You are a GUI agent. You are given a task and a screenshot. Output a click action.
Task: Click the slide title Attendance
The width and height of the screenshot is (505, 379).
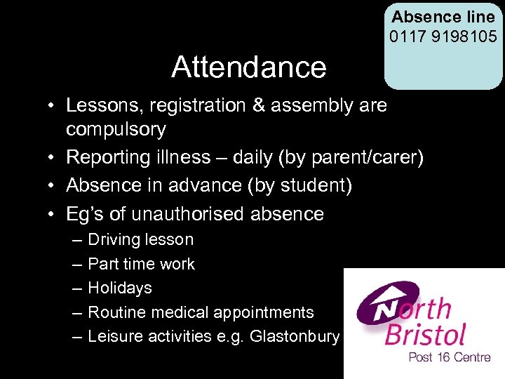tap(248, 67)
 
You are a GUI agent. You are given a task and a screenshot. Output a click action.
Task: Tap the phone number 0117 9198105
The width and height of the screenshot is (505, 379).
tap(443, 34)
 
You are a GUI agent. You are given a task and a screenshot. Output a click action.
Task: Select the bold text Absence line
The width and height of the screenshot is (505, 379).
tap(443, 16)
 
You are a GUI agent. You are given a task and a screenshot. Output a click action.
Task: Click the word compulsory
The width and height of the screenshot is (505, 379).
tap(116, 129)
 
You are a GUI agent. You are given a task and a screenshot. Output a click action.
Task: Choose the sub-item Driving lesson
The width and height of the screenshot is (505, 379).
tap(140, 239)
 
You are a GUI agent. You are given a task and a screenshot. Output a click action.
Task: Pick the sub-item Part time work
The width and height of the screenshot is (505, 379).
tap(141, 264)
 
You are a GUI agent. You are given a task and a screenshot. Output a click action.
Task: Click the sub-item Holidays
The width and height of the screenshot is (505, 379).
tap(119, 288)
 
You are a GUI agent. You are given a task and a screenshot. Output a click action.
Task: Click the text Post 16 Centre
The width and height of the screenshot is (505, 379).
tap(450, 357)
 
